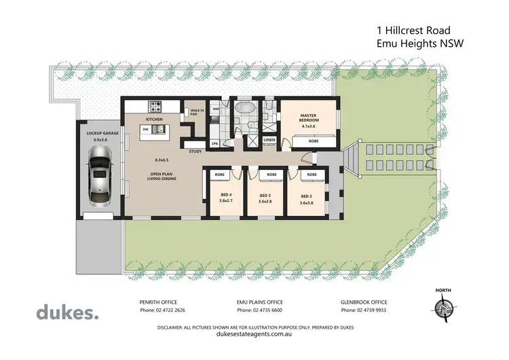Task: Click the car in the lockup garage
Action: tap(100, 180)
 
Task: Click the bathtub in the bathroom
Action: tap(243, 110)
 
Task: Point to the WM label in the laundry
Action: tap(216, 109)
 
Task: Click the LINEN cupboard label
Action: tap(269, 140)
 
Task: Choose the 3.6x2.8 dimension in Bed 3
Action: tap(265, 202)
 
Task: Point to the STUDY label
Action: tap(195, 151)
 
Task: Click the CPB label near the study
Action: tap(214, 143)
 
